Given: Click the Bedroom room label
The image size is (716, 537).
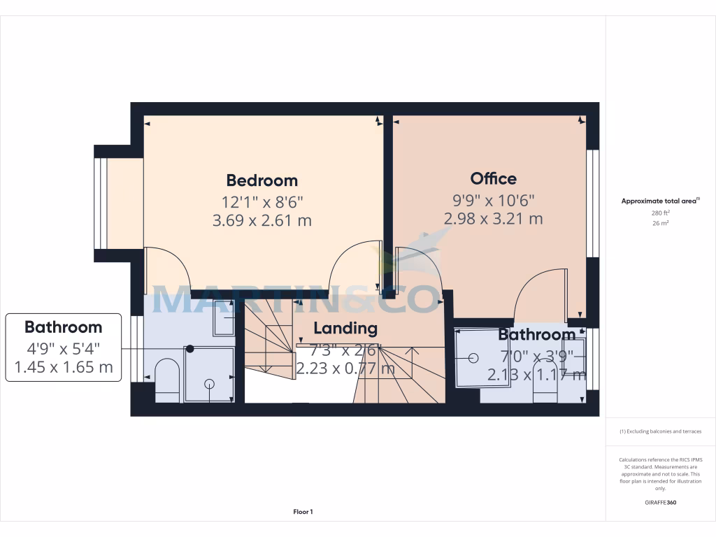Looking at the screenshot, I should (262, 180).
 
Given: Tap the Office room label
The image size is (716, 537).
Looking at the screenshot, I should (493, 178).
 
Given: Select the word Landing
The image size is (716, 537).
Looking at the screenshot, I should (345, 328).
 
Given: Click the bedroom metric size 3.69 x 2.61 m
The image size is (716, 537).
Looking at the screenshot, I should (262, 221).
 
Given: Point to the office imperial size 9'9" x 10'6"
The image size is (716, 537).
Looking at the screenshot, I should (494, 200).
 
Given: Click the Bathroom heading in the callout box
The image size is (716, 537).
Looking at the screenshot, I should (63, 327).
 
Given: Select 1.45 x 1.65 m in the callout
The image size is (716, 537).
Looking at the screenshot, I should (63, 367).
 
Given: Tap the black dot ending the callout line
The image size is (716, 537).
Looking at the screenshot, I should (189, 348).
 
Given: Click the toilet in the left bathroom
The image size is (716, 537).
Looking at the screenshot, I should (166, 381).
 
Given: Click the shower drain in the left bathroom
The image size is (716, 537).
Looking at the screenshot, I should (209, 383).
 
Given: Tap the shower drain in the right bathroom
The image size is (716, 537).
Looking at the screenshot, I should (473, 358).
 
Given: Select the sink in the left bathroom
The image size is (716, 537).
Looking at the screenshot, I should (223, 319).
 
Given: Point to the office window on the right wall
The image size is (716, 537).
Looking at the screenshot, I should (593, 203).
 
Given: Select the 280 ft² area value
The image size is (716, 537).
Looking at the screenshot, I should (661, 213).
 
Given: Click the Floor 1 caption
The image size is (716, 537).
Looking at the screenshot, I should (303, 513).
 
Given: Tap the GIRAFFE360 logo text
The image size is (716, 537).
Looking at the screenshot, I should (661, 503).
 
